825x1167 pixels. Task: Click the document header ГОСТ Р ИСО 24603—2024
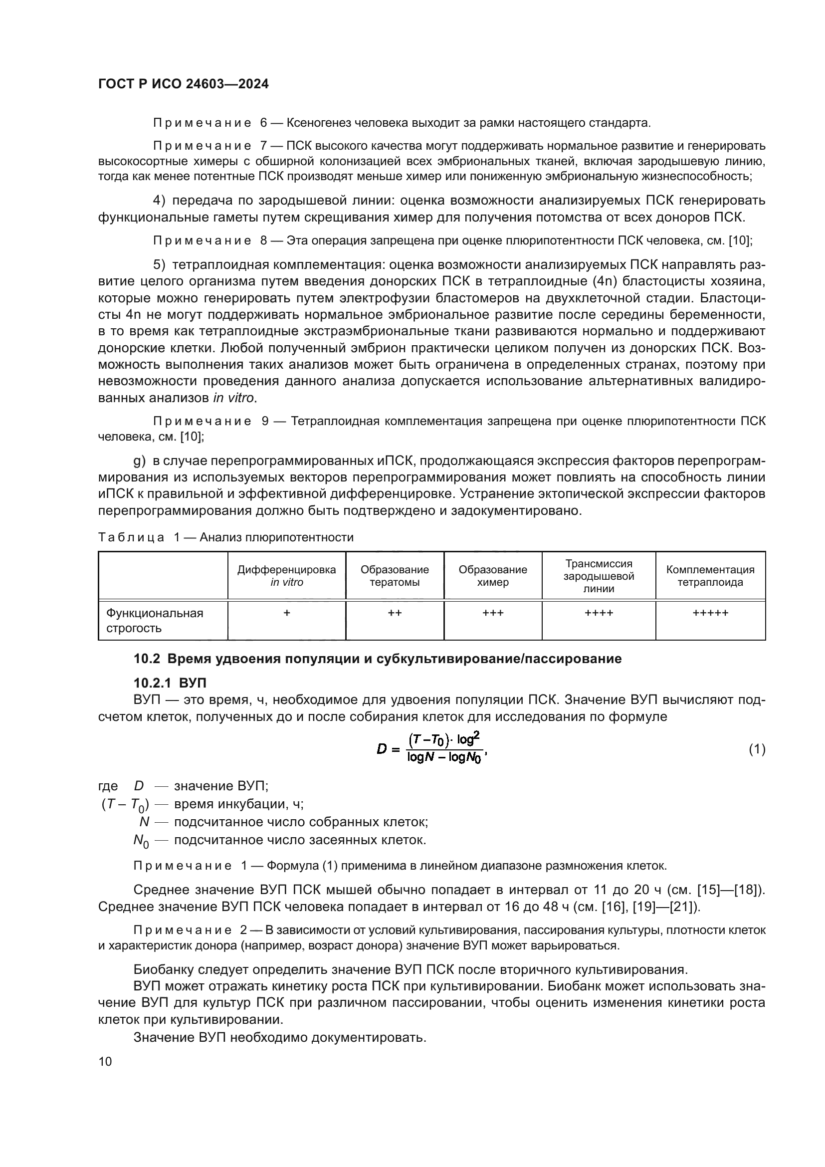184,84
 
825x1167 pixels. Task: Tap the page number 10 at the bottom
105,1061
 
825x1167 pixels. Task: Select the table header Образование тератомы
395,576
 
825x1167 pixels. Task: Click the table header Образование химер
493,576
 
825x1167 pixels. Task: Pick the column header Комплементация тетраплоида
710,576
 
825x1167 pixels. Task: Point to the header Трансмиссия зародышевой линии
599,576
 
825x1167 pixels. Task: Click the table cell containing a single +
286,613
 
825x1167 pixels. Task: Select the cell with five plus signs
710,613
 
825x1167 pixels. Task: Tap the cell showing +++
493,613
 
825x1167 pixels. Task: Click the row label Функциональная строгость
155,620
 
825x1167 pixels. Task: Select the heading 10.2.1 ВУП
170,683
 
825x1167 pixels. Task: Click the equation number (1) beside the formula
757,749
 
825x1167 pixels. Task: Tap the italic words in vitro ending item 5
233,398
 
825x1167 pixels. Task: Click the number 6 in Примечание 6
263,123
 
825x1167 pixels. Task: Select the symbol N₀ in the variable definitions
141,841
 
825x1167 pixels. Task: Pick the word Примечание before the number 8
202,241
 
